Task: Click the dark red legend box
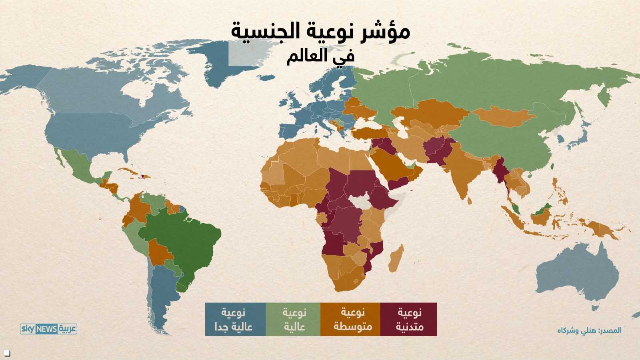408,319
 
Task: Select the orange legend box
350,319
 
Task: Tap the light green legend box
293,319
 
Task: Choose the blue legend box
235,319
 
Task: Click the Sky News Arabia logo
48,329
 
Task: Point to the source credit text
589,330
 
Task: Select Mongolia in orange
504,116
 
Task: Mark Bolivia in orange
160,252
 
